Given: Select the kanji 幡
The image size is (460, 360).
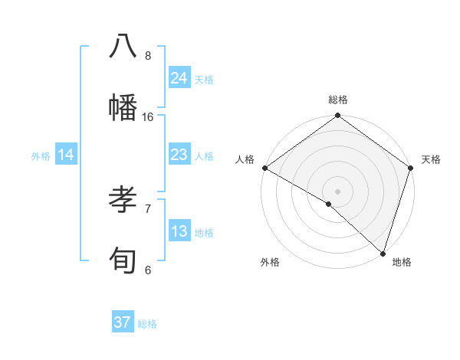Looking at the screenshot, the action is coord(123,106).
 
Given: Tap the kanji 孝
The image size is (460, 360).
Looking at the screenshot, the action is coord(123,200).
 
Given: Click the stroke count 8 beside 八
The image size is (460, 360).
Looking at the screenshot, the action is coord(148,56).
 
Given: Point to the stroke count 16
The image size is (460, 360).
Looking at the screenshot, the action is coord(148,117).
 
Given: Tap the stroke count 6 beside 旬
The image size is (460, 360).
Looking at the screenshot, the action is coord(148,270).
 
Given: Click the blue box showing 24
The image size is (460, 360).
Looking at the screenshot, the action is coord(179,78).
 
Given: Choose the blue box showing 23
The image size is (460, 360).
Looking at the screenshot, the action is coord(179,155).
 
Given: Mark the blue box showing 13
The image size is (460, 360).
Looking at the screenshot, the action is coord(179,231).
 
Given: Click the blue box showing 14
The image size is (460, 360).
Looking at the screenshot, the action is coord(66,155).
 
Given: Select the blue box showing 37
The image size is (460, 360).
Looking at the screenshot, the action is coord(123,322).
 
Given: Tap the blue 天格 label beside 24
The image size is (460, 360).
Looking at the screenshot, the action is coord(204,79).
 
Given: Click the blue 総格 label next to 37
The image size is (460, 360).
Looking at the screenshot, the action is coord(147,324).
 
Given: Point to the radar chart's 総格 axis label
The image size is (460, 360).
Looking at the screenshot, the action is coord(338,100).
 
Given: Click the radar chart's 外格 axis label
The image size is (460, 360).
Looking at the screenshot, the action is coord(270,263).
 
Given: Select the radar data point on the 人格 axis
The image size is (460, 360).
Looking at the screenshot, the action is coord(264,169).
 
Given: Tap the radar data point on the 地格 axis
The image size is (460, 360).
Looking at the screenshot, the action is coord(383,253).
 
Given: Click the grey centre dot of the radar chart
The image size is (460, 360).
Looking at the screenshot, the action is coord(337,191).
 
